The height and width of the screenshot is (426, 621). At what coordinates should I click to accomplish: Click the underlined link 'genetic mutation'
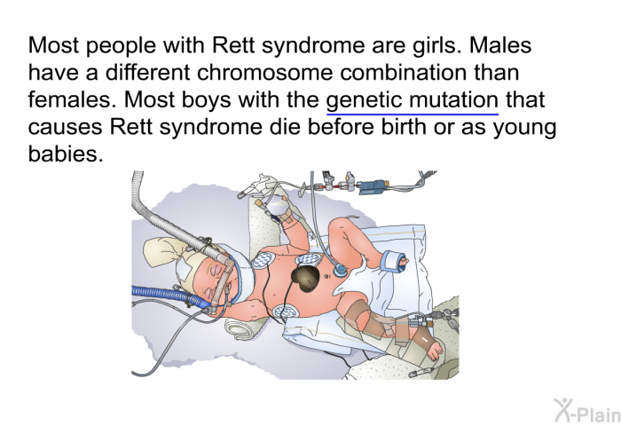tap(413, 100)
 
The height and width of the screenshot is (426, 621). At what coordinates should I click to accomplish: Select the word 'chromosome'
tap(264, 73)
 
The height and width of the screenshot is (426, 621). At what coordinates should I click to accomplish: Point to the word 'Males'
tap(500, 45)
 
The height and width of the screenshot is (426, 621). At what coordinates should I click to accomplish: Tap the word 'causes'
tap(65, 128)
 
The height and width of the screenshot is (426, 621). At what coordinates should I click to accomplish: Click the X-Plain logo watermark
tap(587, 411)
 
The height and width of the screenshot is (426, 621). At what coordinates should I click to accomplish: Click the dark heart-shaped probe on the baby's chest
tap(306, 278)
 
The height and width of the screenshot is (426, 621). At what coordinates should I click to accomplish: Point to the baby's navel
tap(326, 276)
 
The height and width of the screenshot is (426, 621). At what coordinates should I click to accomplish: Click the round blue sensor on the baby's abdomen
tap(340, 271)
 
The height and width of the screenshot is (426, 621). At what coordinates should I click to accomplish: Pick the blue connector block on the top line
tap(372, 185)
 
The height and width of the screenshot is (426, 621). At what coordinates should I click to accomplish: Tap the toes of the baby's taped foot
tap(436, 350)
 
